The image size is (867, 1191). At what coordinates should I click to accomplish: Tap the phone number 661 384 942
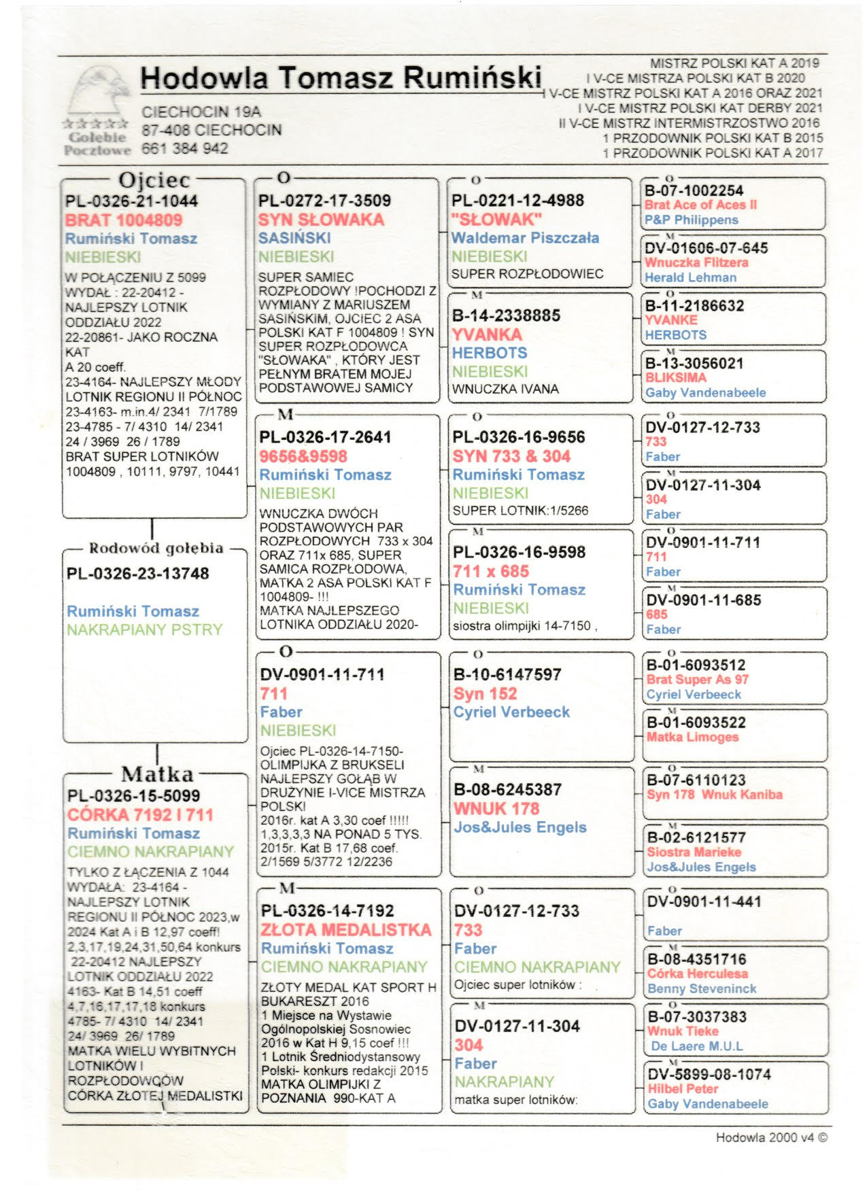(x=185, y=148)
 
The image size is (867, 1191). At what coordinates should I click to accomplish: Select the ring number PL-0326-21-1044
(x=131, y=201)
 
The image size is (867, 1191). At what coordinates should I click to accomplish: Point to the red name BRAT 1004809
(x=124, y=220)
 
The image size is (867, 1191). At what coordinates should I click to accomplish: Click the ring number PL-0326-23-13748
(x=137, y=574)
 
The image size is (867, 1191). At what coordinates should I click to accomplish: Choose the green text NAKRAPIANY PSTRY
(x=144, y=630)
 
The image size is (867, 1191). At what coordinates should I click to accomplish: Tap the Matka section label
(x=157, y=774)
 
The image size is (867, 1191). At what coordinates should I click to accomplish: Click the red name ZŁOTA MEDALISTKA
(x=345, y=930)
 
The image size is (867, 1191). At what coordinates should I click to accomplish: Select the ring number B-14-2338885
(x=507, y=315)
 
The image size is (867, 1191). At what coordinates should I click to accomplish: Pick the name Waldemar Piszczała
(x=525, y=238)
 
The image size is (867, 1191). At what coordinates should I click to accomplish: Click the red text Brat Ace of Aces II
(x=700, y=205)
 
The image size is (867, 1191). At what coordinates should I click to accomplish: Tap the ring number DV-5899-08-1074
(x=709, y=1074)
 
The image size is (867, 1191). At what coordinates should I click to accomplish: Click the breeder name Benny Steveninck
(x=702, y=988)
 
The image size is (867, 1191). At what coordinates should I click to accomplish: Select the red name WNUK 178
(x=496, y=809)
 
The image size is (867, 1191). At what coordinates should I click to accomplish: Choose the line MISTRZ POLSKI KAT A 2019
(x=734, y=63)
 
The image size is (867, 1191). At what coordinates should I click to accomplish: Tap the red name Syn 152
(x=486, y=694)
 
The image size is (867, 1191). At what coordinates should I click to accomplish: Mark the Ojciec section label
(x=154, y=180)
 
